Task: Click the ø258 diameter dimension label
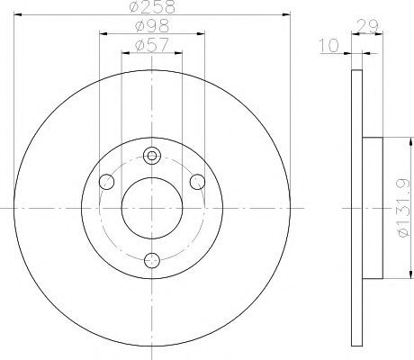coord(152,6)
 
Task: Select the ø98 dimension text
coord(152,26)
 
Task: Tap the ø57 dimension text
coord(152,45)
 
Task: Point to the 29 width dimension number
coord(367,27)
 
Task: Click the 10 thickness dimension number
coord(328,46)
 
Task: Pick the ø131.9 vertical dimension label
coord(403,208)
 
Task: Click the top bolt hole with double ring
coord(152,156)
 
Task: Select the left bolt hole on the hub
coord(106,182)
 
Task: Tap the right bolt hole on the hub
coord(198,182)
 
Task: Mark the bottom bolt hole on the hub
coord(152,260)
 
